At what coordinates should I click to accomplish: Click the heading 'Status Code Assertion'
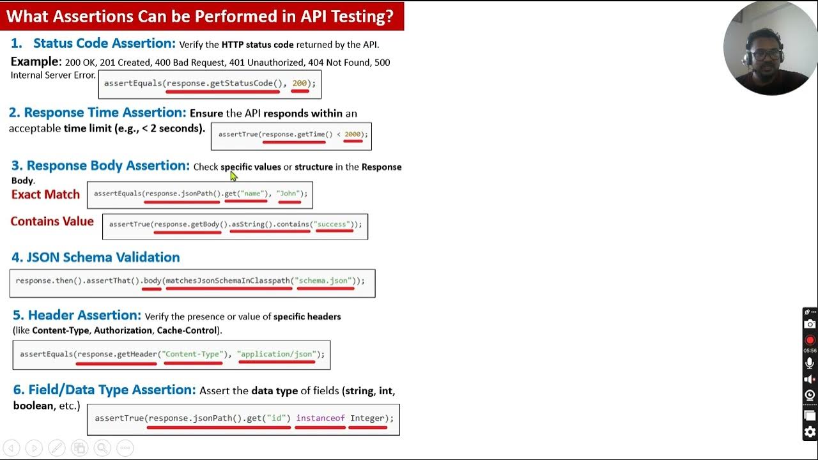tap(104, 43)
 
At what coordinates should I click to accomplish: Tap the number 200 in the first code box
tap(300, 83)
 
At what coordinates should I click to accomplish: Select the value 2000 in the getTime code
tap(353, 134)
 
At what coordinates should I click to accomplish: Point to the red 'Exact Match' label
tap(45, 194)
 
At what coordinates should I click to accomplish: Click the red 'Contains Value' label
tap(52, 222)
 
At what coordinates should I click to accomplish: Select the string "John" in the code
tap(289, 194)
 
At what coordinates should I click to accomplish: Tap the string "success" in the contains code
tap(332, 224)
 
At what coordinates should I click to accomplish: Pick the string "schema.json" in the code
tap(325, 280)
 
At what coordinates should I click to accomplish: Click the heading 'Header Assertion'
tap(84, 315)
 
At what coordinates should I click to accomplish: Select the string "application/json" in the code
tap(276, 354)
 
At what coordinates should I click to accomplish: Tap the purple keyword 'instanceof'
tap(320, 418)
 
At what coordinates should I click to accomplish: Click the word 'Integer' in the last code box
tap(367, 418)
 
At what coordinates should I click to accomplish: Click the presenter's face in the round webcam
tap(765, 54)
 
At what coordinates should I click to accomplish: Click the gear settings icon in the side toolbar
tap(810, 432)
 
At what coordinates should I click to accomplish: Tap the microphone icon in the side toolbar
tap(810, 363)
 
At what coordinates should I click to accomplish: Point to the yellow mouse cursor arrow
tap(233, 176)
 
